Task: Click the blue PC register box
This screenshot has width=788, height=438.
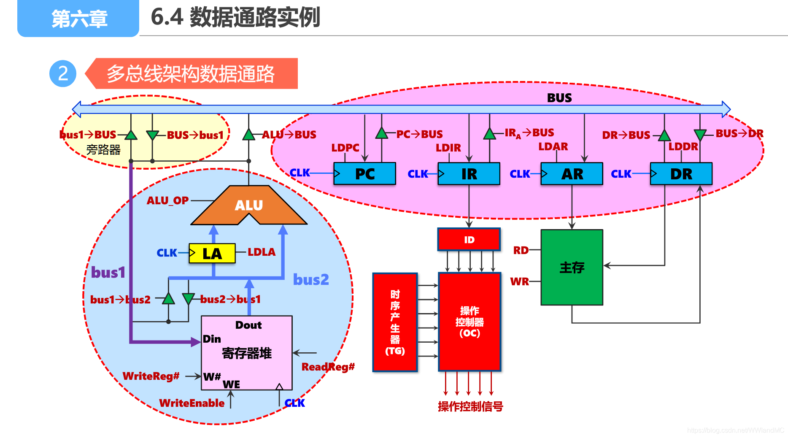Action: pos(364,174)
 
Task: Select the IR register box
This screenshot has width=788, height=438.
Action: pos(469,174)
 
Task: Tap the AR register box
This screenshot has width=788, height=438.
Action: pos(572,174)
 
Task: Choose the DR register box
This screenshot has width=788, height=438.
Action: pos(681,174)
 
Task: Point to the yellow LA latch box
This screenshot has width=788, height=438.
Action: pos(212,254)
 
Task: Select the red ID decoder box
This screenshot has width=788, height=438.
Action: pos(469,240)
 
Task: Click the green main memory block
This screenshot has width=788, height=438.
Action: pos(572,267)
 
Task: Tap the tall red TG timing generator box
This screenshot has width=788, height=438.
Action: pos(395,322)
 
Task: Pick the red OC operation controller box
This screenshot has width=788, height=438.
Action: pos(470,322)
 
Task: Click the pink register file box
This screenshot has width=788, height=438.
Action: pos(247,353)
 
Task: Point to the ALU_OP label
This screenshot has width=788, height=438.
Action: pos(167,200)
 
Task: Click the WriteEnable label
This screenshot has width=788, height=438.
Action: pos(192,403)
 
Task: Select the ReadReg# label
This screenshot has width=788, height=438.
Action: pos(328,367)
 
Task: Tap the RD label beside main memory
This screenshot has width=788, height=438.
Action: pos(521,250)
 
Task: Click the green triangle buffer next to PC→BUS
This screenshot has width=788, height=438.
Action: pos(381,134)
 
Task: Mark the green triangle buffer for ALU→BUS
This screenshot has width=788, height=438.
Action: pos(248,135)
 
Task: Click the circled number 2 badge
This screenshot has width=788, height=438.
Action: pos(63,73)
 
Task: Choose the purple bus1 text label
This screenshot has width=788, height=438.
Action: pos(108,273)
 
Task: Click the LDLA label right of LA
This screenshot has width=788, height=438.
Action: pos(261,252)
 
